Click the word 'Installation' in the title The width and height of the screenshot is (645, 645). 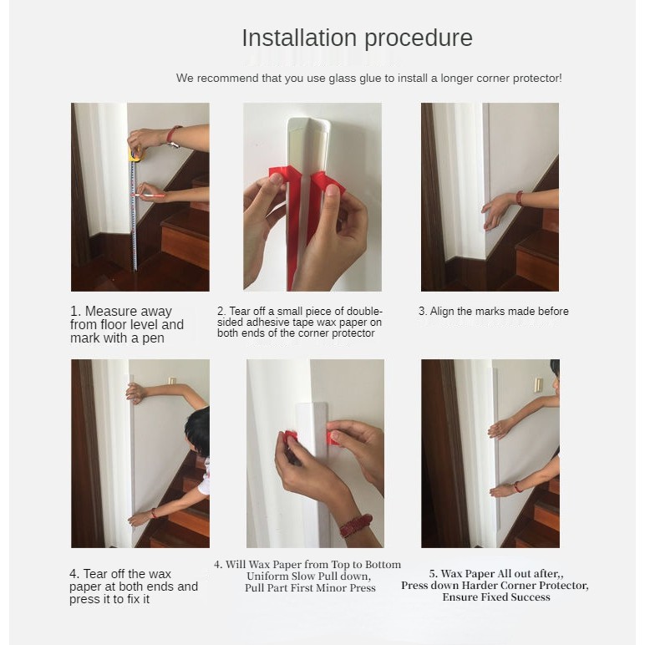click(299, 38)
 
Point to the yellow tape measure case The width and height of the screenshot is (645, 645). click(136, 155)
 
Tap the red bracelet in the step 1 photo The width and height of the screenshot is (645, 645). click(172, 135)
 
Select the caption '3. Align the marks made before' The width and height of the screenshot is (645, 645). click(494, 312)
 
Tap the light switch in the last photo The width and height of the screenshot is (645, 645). click(537, 385)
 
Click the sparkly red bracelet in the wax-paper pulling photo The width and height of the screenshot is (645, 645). click(356, 526)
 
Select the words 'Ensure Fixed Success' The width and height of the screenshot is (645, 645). click(496, 597)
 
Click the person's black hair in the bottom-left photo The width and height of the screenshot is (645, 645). click(198, 431)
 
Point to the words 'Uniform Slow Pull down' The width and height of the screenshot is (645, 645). click(307, 576)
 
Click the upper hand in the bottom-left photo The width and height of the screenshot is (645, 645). click(136, 393)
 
